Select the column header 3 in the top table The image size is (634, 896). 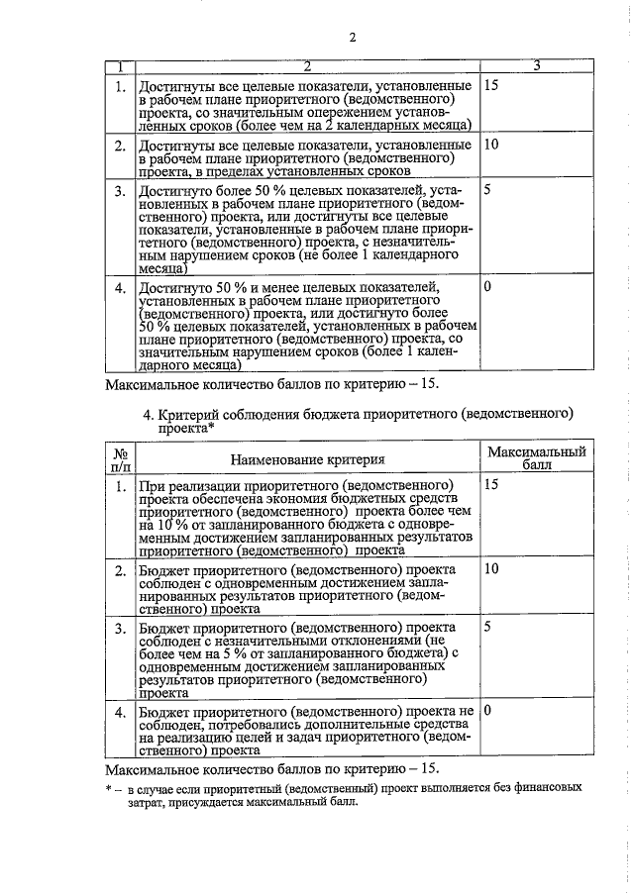(x=536, y=66)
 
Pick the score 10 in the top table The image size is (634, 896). (x=492, y=146)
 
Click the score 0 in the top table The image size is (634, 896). (x=486, y=286)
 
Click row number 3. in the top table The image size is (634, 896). (x=120, y=190)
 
